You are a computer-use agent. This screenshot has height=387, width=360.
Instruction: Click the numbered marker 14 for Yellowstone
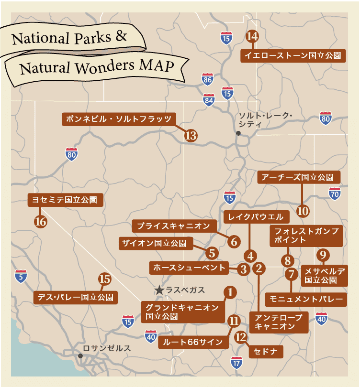252,36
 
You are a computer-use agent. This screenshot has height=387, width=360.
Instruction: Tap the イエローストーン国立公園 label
292,55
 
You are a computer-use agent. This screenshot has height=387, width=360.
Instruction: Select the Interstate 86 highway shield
207,79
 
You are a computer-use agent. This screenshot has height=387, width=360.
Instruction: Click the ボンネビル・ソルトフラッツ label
119,119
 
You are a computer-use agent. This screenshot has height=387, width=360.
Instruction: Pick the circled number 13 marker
191,136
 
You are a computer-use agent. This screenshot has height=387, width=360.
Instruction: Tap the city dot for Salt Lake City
238,134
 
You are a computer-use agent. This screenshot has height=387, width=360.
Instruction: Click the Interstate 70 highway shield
335,193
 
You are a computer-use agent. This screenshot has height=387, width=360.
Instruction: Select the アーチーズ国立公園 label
299,177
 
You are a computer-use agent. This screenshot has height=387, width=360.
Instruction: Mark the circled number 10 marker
303,210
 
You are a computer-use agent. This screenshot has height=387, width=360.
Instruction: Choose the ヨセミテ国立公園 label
65,200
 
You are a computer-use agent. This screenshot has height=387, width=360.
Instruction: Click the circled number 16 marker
40,222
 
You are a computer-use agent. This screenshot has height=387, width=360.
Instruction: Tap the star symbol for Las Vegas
159,290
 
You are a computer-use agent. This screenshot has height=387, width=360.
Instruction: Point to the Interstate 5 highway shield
21,276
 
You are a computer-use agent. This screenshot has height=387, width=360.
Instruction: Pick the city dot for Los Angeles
80,356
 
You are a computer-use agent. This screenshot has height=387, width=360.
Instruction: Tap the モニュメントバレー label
305,299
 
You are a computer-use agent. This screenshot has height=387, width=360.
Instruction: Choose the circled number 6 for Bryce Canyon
234,241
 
